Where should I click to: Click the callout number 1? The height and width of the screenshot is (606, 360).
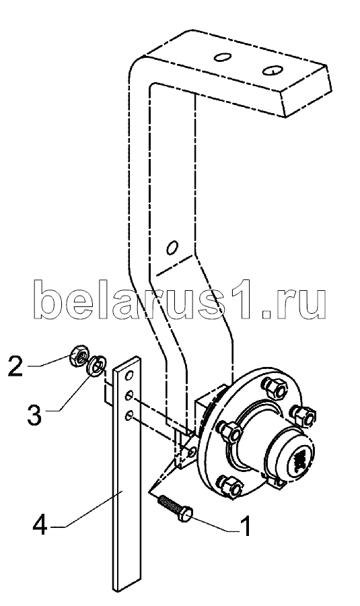(x=246, y=525)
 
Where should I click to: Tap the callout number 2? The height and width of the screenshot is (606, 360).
(x=15, y=366)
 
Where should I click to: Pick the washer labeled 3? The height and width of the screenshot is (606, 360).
(x=95, y=365)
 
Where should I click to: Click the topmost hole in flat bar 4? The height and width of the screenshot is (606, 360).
(x=129, y=374)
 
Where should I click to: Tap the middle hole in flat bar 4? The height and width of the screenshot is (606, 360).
(x=129, y=396)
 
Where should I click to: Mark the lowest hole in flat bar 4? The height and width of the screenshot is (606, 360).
(x=129, y=415)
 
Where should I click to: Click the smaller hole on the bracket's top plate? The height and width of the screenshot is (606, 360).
(x=223, y=58)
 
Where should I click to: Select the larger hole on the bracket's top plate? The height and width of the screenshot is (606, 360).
(x=273, y=70)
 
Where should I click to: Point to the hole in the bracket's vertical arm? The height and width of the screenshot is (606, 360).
(x=172, y=247)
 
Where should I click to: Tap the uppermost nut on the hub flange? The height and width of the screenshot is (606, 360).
(x=275, y=387)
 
